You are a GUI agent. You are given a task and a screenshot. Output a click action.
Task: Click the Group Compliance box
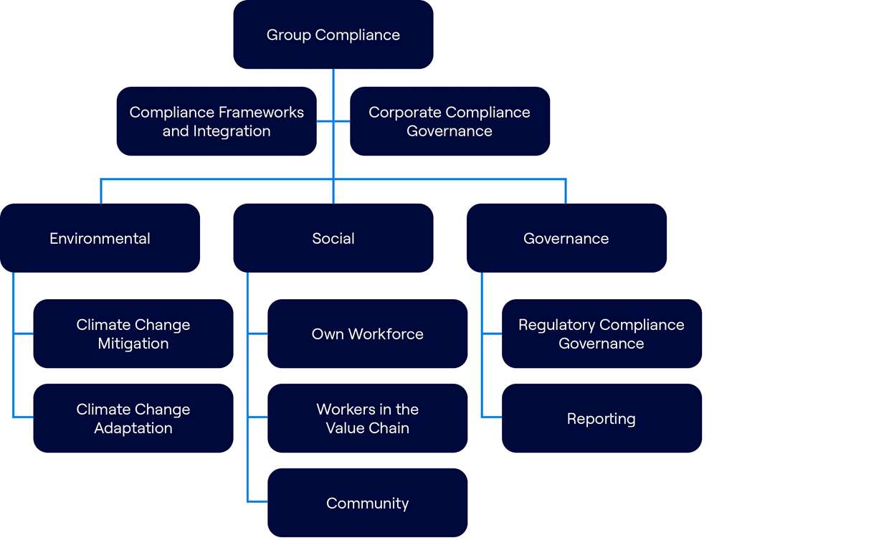[x=333, y=34]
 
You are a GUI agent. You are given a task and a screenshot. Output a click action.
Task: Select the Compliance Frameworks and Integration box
[x=217, y=121]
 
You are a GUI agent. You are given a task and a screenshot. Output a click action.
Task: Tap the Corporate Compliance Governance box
[x=450, y=121]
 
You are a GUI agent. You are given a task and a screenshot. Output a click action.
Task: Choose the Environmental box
[x=100, y=238]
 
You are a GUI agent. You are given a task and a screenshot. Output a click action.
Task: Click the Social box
[x=333, y=238]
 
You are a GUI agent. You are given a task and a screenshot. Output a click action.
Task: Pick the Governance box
[x=566, y=238]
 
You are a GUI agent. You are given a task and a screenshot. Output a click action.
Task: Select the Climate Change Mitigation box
[x=133, y=334]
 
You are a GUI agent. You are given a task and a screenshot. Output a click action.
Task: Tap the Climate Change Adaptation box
[x=133, y=418]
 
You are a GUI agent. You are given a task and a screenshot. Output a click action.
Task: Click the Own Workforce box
[x=367, y=334]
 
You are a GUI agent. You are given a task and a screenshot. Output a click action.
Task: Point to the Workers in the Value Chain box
[x=367, y=418]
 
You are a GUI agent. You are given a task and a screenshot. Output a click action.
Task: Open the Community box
[x=367, y=503]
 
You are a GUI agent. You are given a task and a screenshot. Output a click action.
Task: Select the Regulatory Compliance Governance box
[x=602, y=334]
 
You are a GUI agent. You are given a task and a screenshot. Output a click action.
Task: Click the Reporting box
[x=602, y=418]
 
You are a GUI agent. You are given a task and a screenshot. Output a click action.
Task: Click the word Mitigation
[x=133, y=344]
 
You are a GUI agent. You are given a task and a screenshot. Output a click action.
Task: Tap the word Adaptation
[x=133, y=428]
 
